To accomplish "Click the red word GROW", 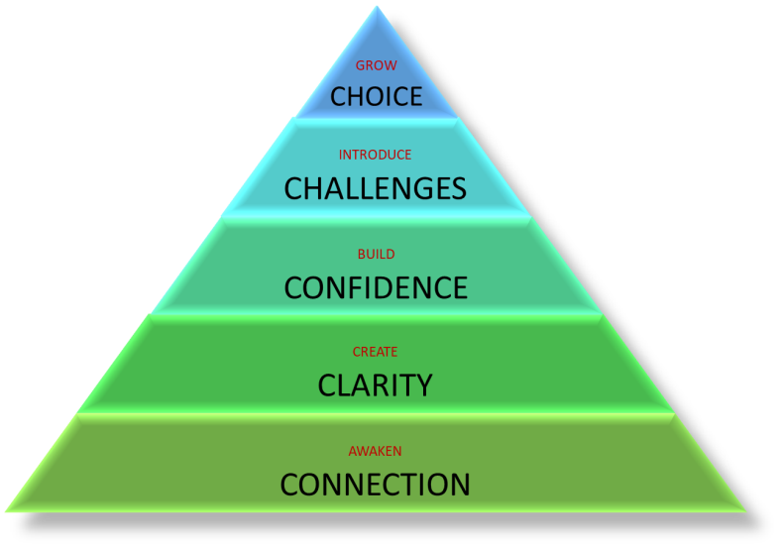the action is [376, 65].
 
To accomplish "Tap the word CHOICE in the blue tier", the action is [376, 96].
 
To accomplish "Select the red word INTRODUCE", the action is [375, 155].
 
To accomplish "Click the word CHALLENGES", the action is [375, 188].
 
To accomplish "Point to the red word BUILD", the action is [376, 254].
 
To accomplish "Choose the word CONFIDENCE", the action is [376, 288].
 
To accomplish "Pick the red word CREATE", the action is [375, 352].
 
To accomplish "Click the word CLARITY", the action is [375, 385].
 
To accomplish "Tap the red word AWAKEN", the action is [375, 451].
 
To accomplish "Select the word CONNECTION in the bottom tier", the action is [375, 485].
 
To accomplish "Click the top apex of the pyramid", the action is [377, 7].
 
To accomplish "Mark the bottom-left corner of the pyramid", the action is [6, 511].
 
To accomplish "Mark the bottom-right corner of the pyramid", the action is [746, 511].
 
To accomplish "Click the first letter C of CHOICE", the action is [339, 96].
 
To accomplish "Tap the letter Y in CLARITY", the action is [422, 385].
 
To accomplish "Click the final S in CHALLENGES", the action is [458, 188].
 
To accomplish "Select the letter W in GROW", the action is [390, 65].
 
